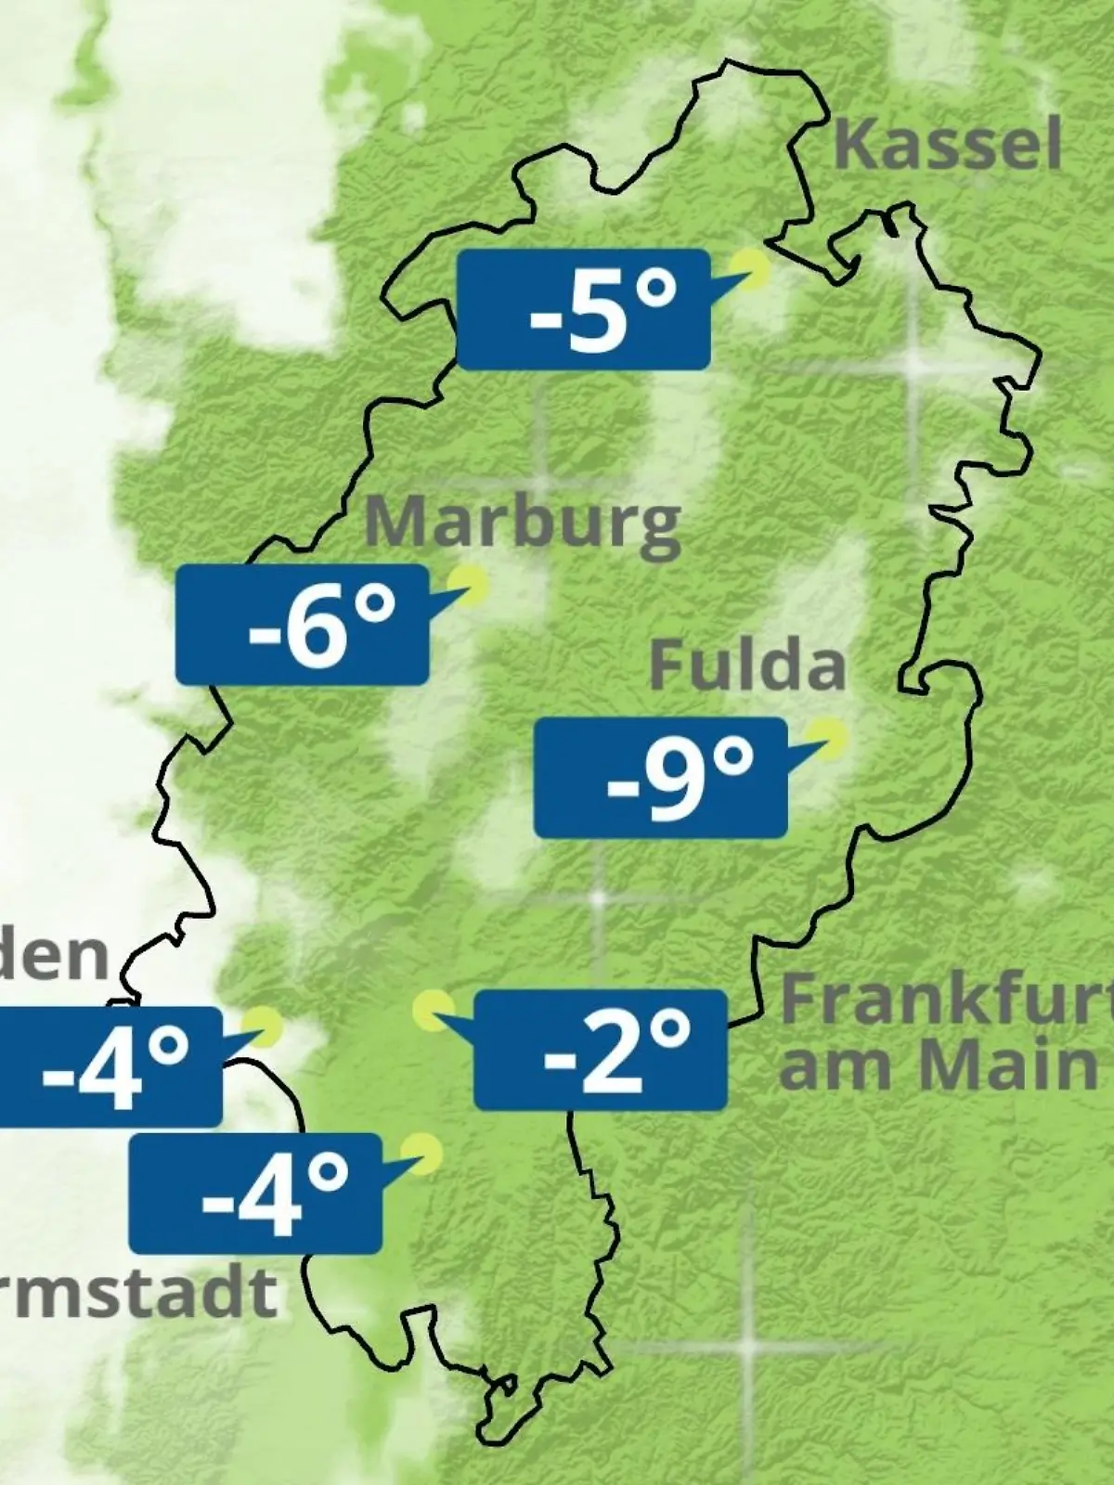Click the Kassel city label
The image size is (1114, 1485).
coord(947,146)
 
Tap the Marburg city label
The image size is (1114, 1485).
coord(523,525)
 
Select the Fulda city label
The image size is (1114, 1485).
coord(747,665)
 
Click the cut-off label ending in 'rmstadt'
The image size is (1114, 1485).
coord(139,1292)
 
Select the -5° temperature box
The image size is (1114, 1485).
coord(584,309)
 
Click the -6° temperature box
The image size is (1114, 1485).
coord(303,625)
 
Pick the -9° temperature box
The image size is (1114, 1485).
coord(661,778)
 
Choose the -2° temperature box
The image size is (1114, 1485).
coord(601,1050)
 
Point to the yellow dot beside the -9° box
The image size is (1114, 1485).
coord(826,739)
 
